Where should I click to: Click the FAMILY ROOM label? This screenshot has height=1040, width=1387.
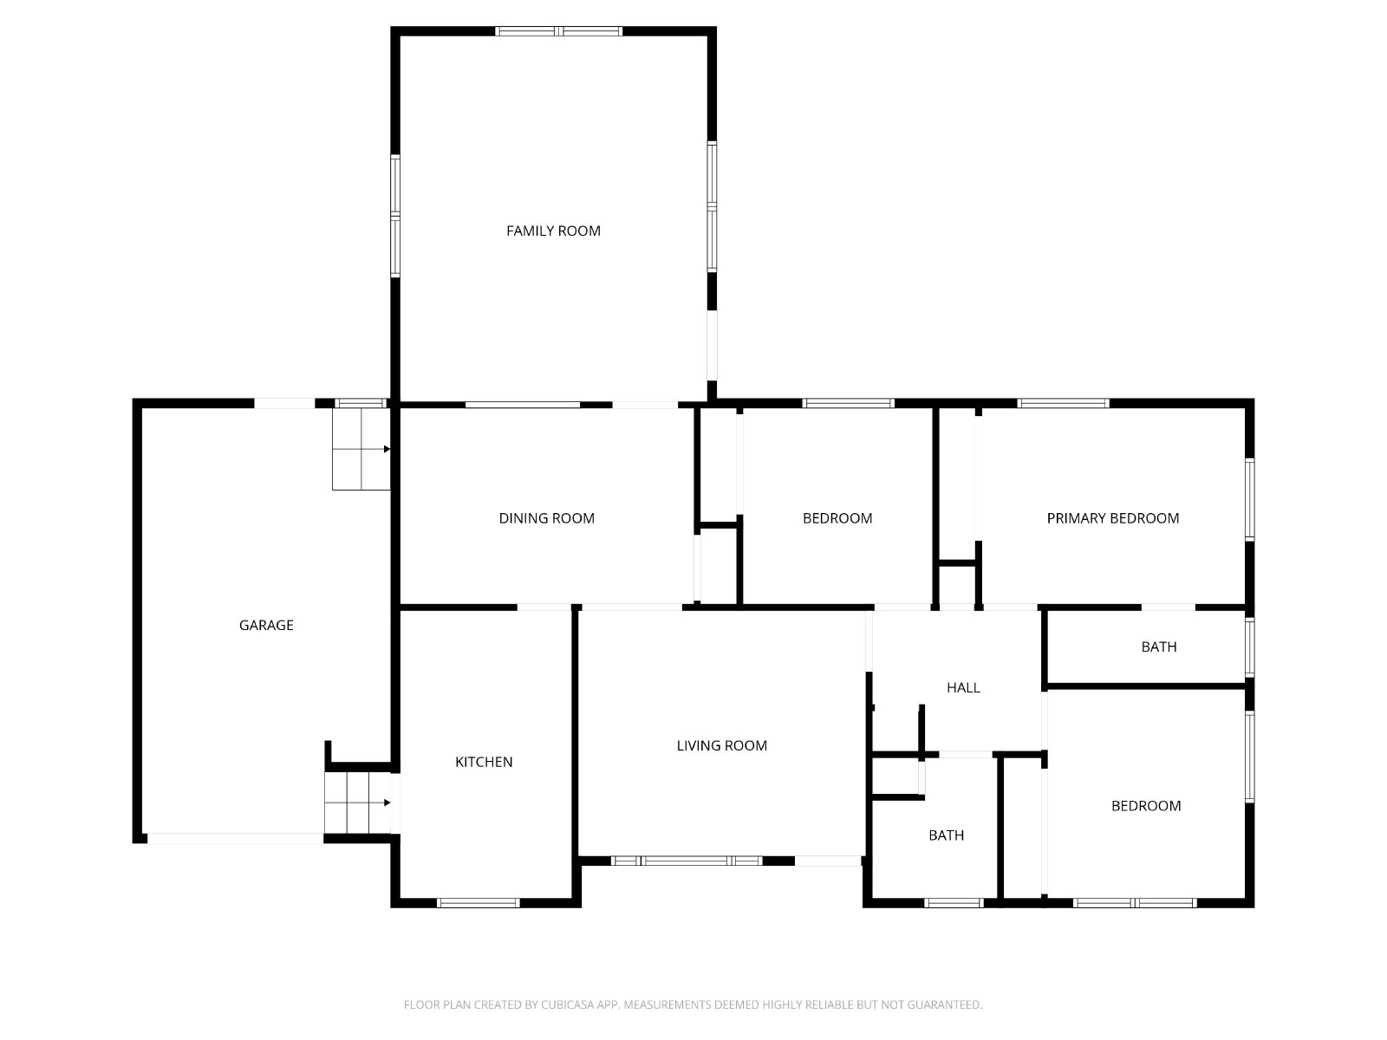click(x=553, y=231)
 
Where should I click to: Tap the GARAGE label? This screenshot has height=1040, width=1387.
click(x=266, y=625)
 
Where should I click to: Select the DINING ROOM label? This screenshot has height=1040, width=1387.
click(x=547, y=518)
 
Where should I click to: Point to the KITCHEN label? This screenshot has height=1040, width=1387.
click(x=484, y=762)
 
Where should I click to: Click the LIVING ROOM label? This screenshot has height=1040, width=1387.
click(x=721, y=745)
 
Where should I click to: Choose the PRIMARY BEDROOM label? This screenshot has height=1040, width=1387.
click(x=1113, y=518)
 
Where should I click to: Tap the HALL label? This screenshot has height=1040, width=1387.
click(x=964, y=687)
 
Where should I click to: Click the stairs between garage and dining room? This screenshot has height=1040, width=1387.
click(x=361, y=449)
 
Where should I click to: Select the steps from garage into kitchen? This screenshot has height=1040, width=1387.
click(x=358, y=803)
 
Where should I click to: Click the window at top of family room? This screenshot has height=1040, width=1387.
click(x=558, y=31)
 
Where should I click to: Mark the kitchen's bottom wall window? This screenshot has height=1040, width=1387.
click(x=479, y=903)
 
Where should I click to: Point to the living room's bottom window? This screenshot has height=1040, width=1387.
click(x=687, y=861)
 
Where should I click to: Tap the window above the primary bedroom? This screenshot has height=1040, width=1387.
click(x=1063, y=403)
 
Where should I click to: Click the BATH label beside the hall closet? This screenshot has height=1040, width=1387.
click(x=946, y=835)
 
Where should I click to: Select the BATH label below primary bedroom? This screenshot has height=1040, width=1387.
click(x=1159, y=647)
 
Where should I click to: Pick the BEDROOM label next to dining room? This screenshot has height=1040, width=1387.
click(x=837, y=518)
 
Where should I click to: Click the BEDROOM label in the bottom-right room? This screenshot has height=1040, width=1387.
click(x=1146, y=806)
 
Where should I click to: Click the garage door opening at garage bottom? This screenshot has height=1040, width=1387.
click(x=235, y=839)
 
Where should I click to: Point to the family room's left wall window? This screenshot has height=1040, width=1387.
click(x=395, y=216)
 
